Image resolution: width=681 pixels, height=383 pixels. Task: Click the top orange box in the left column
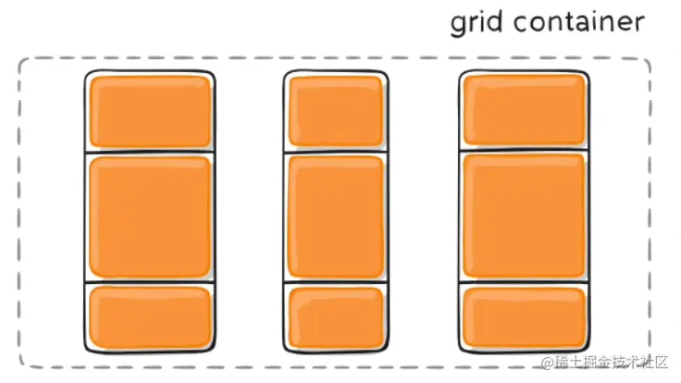tap(150, 111)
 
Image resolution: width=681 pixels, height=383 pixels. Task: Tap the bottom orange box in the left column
tap(150, 316)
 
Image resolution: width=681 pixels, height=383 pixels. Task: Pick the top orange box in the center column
tap(335, 111)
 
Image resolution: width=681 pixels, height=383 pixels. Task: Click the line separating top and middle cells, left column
tap(150, 152)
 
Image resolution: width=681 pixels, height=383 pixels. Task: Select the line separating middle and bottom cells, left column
tap(150, 282)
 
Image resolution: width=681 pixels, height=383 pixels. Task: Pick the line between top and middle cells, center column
tap(335, 151)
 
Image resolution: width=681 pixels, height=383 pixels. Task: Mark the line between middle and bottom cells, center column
tap(335, 281)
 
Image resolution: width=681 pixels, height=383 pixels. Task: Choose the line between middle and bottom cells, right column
tap(524, 282)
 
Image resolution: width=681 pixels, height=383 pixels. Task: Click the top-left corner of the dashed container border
tap(22, 61)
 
